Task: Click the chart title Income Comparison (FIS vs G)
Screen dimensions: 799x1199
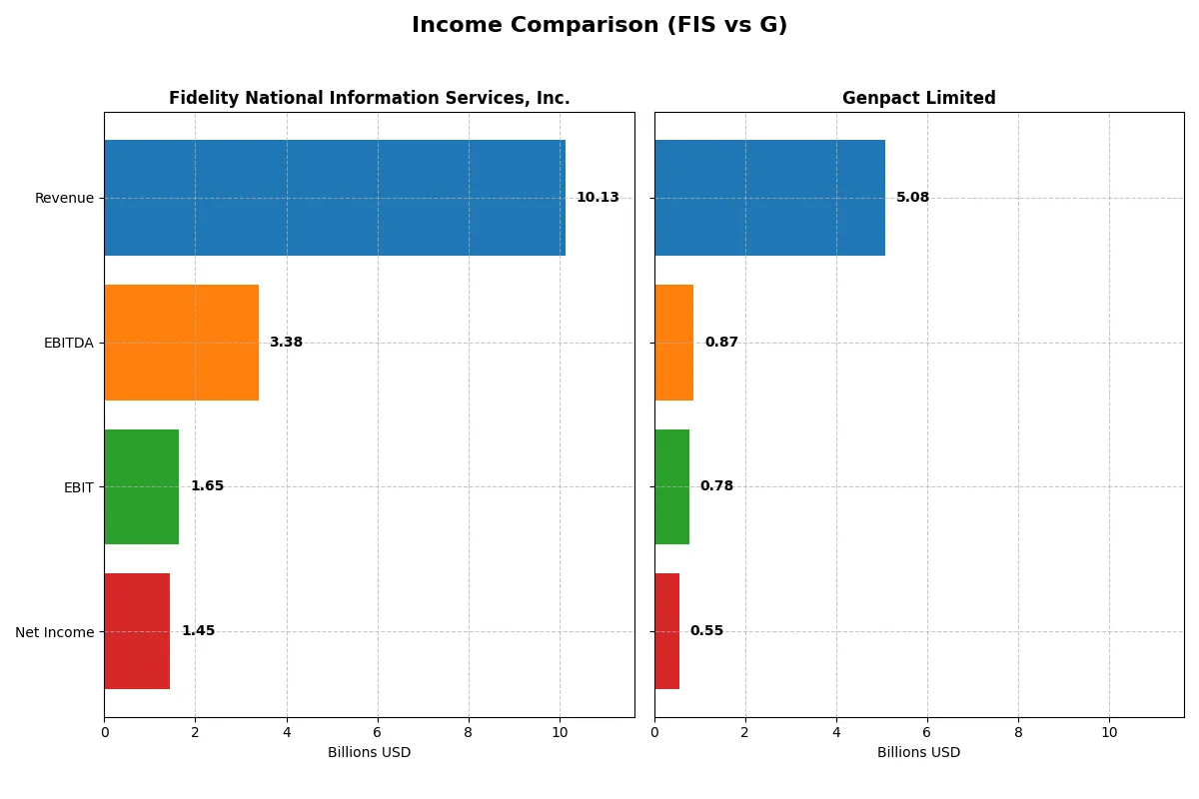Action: (599, 26)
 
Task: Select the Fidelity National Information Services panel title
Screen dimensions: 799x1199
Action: (369, 98)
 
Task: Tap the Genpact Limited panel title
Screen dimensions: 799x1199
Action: (918, 98)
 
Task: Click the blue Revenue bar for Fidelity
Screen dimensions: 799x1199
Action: (335, 198)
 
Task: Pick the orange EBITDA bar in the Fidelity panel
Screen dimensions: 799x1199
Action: (181, 343)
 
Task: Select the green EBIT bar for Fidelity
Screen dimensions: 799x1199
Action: (142, 487)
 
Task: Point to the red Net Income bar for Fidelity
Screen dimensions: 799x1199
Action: (137, 631)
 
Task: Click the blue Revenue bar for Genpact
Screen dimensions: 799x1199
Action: (769, 198)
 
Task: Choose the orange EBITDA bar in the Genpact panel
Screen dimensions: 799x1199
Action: (674, 343)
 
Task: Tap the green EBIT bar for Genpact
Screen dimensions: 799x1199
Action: (672, 487)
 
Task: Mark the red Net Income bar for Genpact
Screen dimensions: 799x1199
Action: (666, 631)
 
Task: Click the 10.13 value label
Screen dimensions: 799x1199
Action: (598, 198)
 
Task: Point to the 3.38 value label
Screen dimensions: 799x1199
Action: (286, 343)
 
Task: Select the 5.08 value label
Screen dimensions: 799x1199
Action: (912, 198)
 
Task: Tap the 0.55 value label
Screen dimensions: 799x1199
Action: (706, 631)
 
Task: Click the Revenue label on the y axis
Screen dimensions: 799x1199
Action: (64, 198)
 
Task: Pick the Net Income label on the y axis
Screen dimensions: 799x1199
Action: (55, 632)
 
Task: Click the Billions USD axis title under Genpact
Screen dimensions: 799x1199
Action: (918, 753)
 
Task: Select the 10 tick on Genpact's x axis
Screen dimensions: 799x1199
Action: (1109, 732)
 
